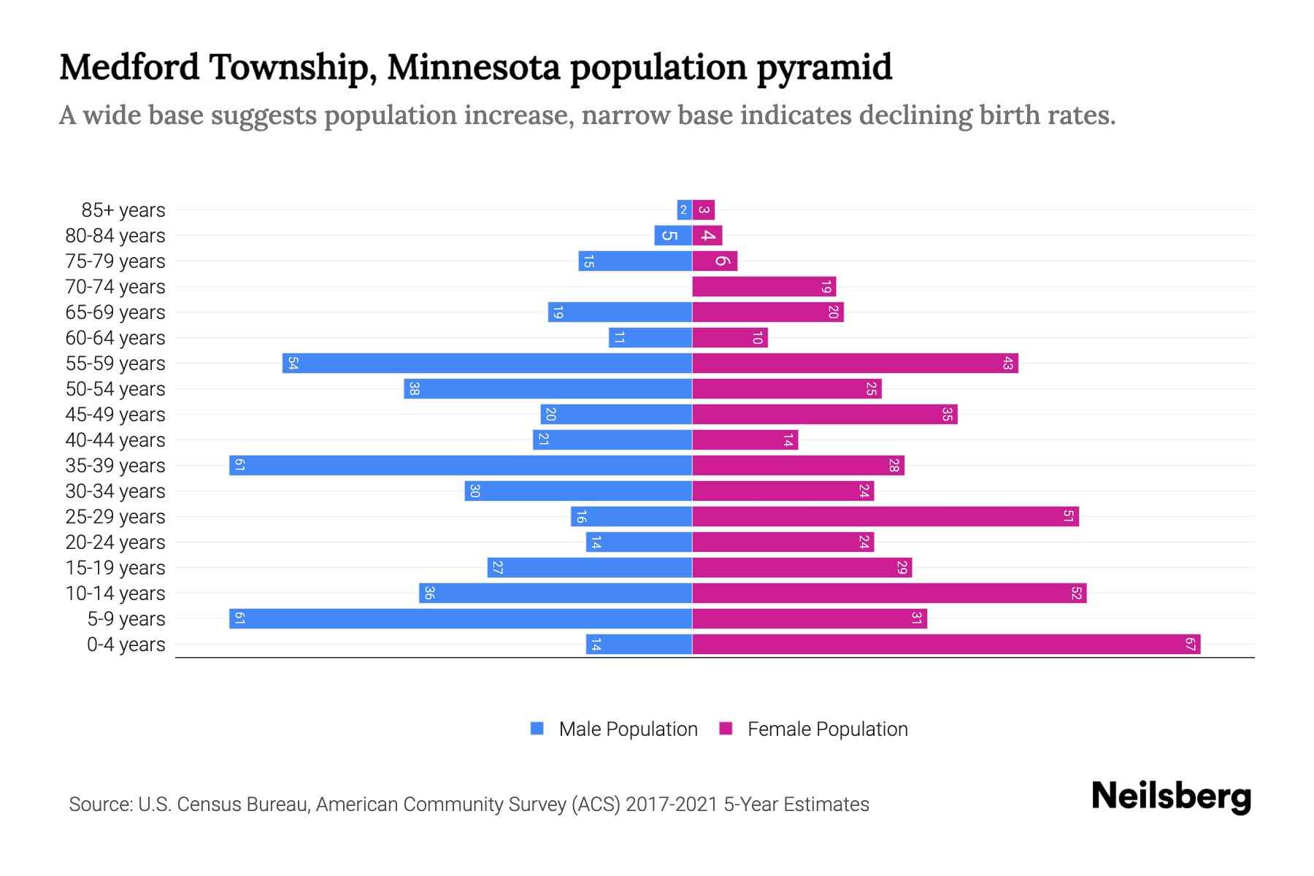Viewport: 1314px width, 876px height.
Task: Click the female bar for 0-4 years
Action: click(x=945, y=645)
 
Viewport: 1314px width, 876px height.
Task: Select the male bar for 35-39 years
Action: click(x=460, y=466)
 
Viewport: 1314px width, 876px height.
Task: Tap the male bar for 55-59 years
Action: click(x=487, y=364)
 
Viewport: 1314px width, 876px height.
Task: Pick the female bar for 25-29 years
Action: click(x=885, y=517)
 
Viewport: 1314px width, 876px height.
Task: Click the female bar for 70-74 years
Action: click(x=764, y=287)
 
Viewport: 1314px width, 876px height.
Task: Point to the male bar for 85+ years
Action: click(x=684, y=210)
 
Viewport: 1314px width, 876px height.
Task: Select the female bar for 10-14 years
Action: click(x=888, y=593)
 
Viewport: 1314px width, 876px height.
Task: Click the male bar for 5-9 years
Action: click(x=460, y=619)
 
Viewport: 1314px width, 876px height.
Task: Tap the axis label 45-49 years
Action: click(x=115, y=415)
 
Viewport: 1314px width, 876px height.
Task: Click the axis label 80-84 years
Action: click(x=115, y=236)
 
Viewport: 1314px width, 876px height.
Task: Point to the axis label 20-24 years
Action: click(x=115, y=542)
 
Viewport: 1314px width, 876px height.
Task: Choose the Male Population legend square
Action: click(x=537, y=729)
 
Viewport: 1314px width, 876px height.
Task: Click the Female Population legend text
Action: click(x=827, y=729)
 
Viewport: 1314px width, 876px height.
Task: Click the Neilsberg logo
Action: click(x=1171, y=796)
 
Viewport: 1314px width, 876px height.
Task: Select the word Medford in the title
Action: click(x=129, y=67)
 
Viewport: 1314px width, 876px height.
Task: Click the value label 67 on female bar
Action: click(x=1190, y=645)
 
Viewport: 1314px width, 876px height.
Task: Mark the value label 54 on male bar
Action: click(x=293, y=364)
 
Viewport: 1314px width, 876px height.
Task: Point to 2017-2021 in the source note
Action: click(x=672, y=804)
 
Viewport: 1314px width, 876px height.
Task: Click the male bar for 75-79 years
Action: click(x=635, y=261)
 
